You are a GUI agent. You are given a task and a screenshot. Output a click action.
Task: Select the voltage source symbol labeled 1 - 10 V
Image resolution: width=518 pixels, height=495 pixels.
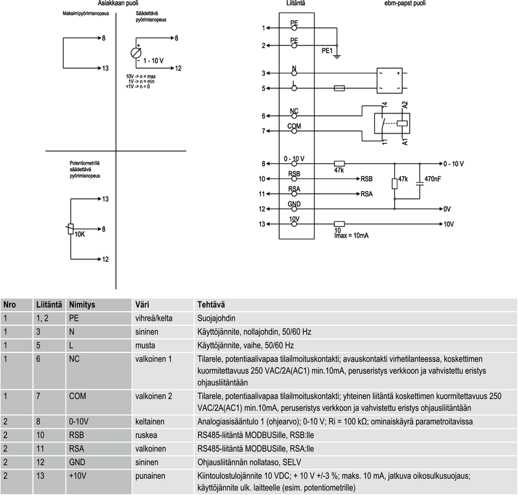(137, 53)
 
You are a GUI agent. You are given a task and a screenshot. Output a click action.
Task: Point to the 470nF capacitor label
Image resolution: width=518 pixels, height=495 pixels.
(432, 178)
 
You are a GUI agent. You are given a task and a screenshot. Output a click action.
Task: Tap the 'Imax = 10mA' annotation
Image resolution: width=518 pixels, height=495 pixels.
(351, 235)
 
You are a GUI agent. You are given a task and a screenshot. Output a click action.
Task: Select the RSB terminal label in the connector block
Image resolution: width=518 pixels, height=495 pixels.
(294, 174)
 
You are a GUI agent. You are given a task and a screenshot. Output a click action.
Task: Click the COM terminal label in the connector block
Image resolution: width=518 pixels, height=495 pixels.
(294, 126)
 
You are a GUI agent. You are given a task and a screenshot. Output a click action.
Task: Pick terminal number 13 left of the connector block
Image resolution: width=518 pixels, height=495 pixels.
(262, 224)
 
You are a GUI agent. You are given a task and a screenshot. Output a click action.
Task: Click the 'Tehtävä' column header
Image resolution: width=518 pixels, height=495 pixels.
(210, 305)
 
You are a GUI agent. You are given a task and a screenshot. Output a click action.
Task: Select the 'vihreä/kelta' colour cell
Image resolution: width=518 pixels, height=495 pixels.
(153, 319)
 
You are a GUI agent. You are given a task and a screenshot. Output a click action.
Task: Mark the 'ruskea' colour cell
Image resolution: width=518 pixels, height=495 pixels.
(145, 435)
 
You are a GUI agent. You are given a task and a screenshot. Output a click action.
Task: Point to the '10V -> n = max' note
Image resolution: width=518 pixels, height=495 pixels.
(141, 76)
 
